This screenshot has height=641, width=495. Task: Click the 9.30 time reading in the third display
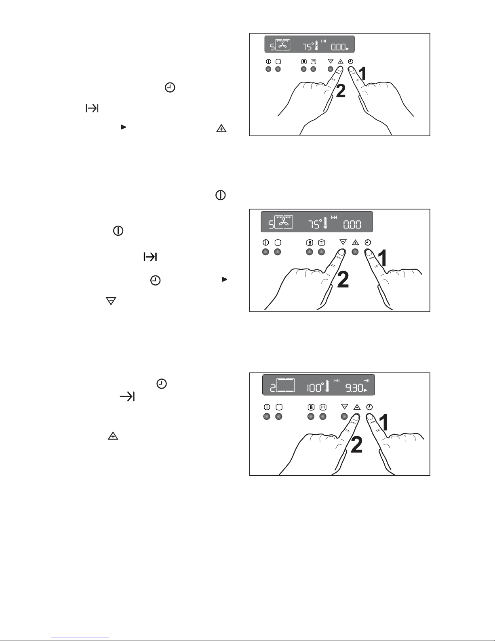(354, 388)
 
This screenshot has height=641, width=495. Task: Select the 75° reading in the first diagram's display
(308, 47)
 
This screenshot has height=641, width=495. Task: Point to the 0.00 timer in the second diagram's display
(352, 224)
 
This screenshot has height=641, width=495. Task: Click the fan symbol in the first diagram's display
(283, 45)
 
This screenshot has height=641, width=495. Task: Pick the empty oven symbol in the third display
(285, 385)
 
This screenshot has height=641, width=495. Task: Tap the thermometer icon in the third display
(327, 387)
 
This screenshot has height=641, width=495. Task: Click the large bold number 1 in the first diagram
(362, 73)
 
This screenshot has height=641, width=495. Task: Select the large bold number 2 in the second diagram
(343, 279)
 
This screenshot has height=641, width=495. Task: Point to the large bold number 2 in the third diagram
(356, 445)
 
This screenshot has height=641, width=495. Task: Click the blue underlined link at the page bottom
(80, 637)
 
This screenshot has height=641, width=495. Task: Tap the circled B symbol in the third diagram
(311, 407)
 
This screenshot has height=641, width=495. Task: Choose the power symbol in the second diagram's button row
(266, 243)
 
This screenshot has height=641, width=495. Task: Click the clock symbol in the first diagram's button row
(351, 61)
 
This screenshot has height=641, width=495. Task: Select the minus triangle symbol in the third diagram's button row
(344, 407)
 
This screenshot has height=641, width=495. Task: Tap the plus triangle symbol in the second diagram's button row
(355, 243)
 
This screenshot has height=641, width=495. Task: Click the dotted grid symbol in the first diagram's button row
(314, 61)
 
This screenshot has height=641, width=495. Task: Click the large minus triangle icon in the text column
(111, 301)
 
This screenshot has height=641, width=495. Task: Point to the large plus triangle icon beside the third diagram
(113, 436)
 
